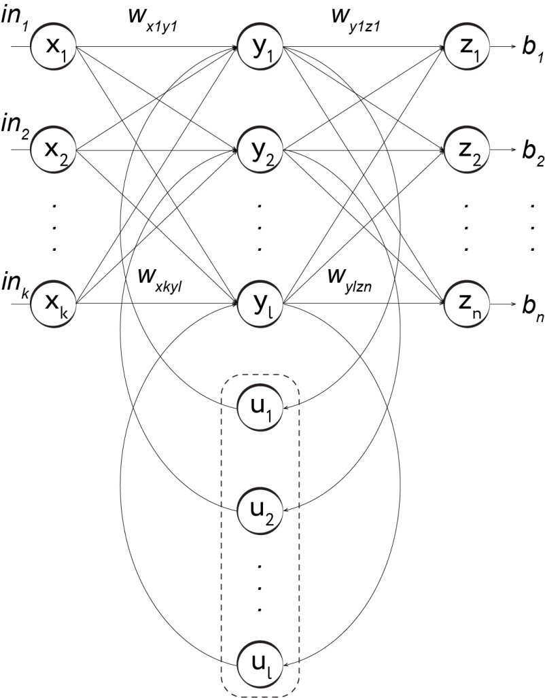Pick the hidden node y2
tap(260, 149)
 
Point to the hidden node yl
tap(260, 298)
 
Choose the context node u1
tap(260, 408)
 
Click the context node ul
tap(260, 659)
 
